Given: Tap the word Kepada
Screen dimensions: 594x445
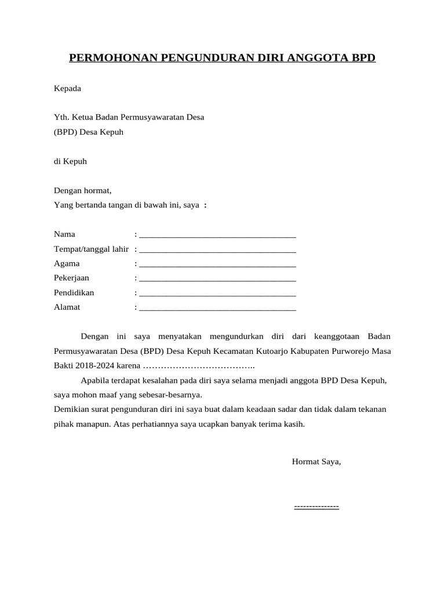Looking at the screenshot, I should point(68,89).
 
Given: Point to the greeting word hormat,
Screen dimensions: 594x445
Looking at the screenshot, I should point(98,190).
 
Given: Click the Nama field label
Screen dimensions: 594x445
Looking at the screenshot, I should point(64,234).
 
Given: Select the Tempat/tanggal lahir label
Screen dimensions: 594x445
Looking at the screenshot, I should point(91,249).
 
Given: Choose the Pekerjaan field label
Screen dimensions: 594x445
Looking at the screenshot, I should point(71,278).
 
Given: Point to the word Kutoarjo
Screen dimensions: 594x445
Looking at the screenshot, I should point(282,352).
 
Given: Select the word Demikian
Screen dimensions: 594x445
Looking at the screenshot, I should point(72,410).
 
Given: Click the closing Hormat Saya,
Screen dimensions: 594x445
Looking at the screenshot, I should point(316,462).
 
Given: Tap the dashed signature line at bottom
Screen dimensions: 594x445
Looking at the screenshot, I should point(316,507).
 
